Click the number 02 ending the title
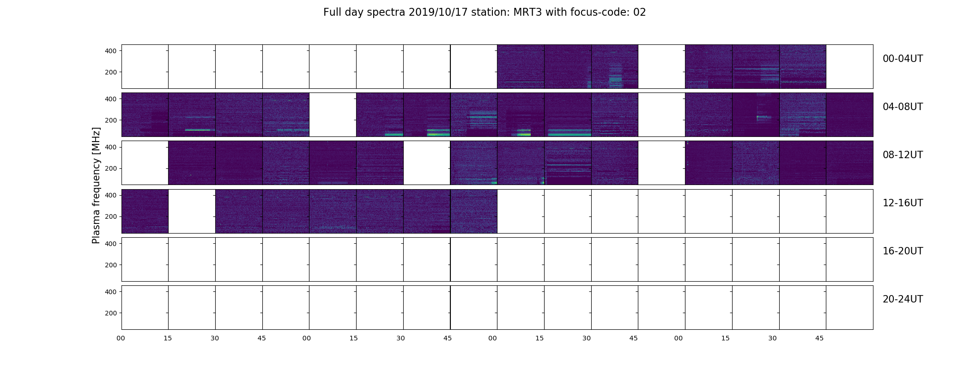(640, 12)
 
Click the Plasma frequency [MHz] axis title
(96, 185)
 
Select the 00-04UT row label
(903, 59)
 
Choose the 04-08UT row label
(903, 107)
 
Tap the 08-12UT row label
(903, 155)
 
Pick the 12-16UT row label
(903, 203)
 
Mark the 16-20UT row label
(903, 251)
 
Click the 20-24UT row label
(903, 299)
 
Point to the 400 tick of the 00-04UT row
(111, 51)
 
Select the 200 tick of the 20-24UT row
(111, 313)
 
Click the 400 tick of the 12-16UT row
(111, 195)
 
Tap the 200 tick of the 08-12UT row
(111, 169)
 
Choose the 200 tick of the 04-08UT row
(111, 120)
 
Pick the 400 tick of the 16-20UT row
(111, 243)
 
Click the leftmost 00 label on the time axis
(121, 338)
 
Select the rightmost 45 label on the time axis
(819, 338)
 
